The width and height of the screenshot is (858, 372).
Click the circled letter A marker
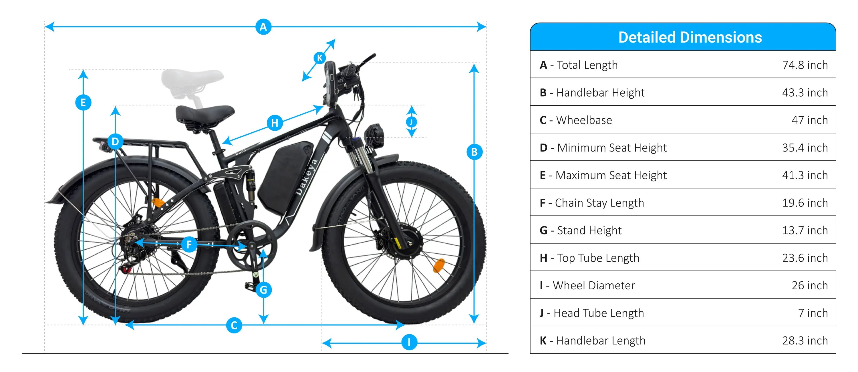[263, 27]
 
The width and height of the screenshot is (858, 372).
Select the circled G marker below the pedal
[263, 290]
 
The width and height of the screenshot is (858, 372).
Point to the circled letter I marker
[409, 342]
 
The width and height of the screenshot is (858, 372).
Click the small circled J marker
[412, 122]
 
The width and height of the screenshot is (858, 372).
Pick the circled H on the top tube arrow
[275, 123]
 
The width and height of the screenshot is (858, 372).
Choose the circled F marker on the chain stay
[189, 244]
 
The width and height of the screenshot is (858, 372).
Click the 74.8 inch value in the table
[805, 65]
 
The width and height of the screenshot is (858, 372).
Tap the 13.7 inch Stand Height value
[805, 230]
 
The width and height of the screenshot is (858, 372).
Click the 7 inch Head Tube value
[813, 313]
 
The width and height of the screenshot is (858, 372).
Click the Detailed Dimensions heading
[690, 37]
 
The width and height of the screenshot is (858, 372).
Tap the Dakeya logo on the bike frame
[306, 177]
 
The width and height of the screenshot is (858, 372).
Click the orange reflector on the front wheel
[439, 265]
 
